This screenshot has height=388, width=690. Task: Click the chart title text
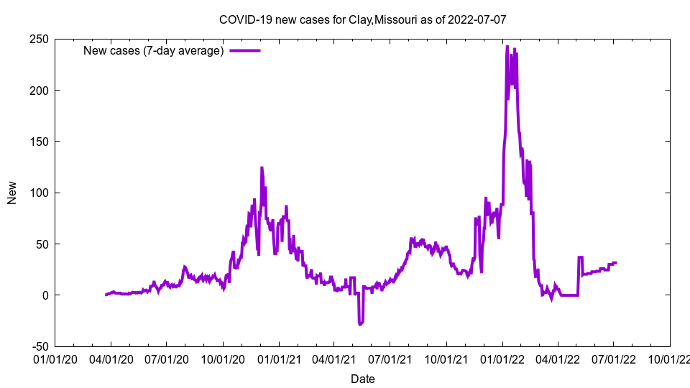click(x=363, y=19)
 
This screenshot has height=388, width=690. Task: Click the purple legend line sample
click(x=244, y=50)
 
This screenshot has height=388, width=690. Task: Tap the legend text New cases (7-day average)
click(x=154, y=50)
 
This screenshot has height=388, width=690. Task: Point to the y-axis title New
click(x=12, y=193)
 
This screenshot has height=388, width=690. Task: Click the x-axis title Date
click(x=362, y=379)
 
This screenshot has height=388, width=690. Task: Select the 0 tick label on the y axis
click(x=45, y=295)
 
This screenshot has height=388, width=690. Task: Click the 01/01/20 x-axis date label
click(x=55, y=357)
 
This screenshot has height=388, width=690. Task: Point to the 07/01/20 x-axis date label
click(x=167, y=357)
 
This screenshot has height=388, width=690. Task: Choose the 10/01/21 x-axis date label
click(x=446, y=357)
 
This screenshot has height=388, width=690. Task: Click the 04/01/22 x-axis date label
click(x=558, y=357)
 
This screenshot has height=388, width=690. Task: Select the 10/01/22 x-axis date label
click(x=670, y=357)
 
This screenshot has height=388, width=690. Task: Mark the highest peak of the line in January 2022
click(x=507, y=47)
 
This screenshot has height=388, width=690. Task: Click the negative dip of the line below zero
click(x=360, y=324)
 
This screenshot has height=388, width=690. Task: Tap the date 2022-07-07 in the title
click(x=477, y=19)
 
